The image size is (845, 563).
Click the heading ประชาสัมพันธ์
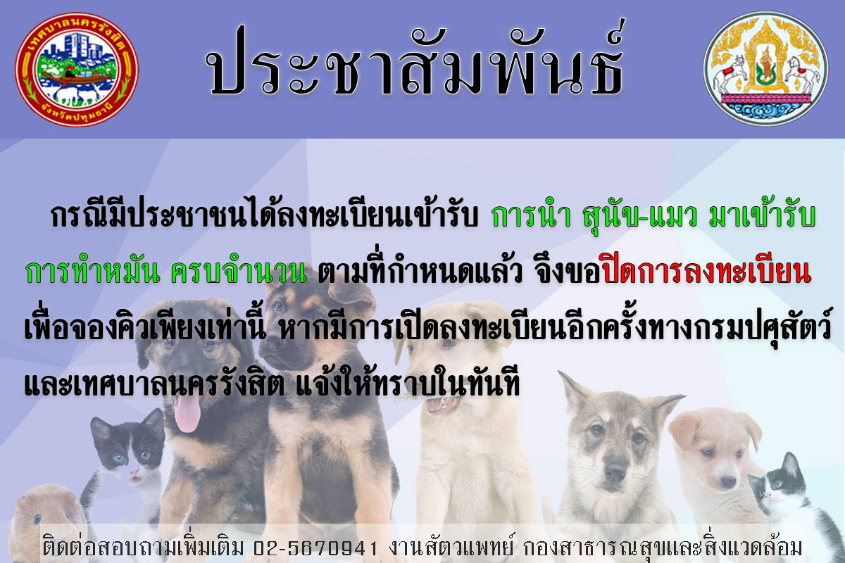414,60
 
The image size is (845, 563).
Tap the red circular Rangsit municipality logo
77,69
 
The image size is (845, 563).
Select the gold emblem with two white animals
766,69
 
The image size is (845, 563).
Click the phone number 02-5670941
315,548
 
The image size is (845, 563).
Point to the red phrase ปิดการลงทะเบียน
706,272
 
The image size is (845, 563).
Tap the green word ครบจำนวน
239,272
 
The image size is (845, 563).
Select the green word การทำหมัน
93,272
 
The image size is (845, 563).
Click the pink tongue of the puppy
187,413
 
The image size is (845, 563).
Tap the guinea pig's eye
37,519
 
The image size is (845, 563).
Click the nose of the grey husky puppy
615,471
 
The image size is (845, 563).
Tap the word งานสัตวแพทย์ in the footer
451,548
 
